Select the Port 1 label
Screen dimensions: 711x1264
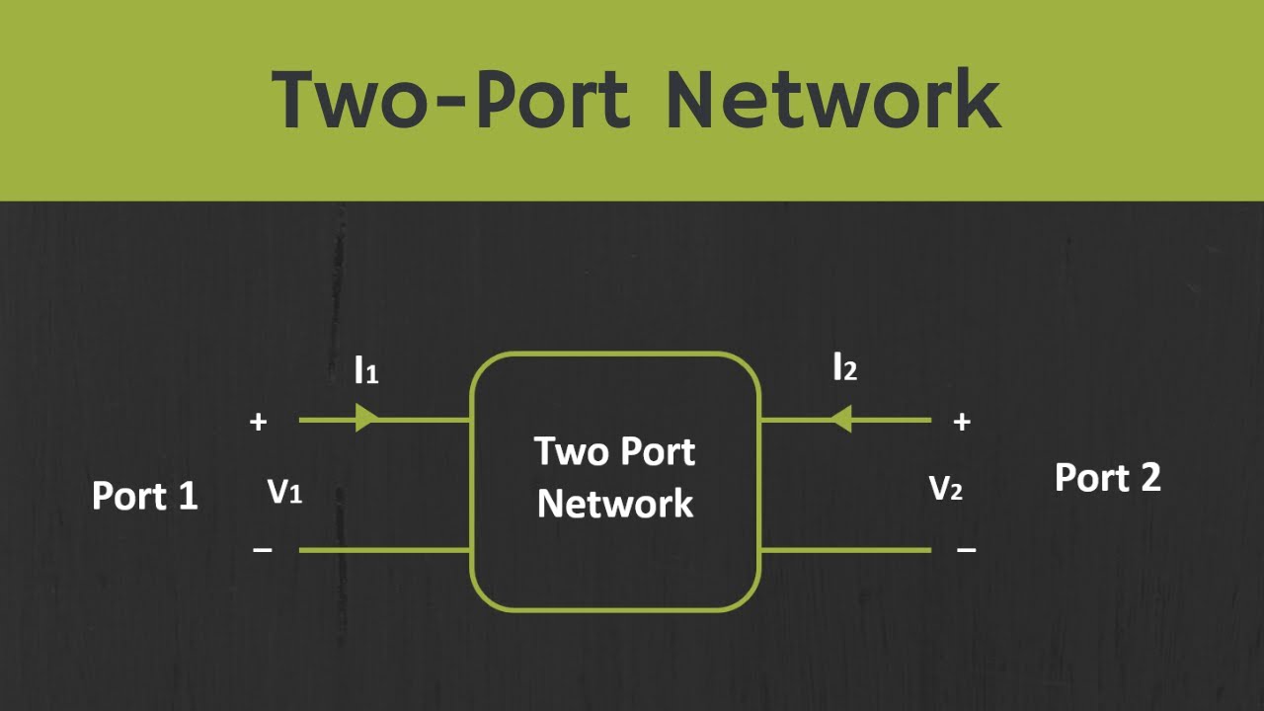(x=145, y=495)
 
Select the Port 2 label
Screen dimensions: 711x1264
(x=1107, y=478)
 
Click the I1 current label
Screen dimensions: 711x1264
(x=366, y=370)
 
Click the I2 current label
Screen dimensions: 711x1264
(x=844, y=368)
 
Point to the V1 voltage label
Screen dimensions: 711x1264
(x=284, y=492)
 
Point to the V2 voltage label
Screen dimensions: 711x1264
(x=946, y=488)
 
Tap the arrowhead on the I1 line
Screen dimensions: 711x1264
(x=366, y=420)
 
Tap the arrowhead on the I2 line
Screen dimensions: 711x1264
(x=840, y=420)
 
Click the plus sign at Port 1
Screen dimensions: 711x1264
(x=259, y=422)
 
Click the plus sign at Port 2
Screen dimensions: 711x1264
(x=962, y=422)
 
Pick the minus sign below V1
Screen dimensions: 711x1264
(x=263, y=550)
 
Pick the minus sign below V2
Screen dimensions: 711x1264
(x=967, y=550)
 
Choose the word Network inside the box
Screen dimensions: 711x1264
(x=615, y=504)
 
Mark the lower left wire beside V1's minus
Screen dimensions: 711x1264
(x=384, y=550)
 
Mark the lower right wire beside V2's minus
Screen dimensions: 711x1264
(x=844, y=550)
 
